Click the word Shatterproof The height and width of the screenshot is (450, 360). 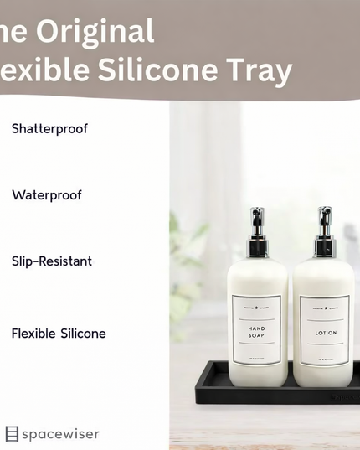[49, 129]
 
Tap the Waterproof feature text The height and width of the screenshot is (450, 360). [47, 195]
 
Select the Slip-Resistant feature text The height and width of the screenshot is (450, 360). [52, 261]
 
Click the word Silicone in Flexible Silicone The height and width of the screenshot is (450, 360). [83, 334]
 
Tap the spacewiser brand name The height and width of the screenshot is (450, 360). [60, 434]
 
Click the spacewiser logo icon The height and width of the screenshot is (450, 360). [12, 434]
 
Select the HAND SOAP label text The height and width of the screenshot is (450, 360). [257, 331]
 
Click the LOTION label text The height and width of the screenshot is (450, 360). [325, 331]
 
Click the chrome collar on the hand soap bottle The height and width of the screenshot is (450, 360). [257, 247]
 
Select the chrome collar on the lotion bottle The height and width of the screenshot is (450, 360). [325, 247]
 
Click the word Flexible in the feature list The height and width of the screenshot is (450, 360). [33, 334]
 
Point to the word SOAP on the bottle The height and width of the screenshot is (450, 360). [257, 336]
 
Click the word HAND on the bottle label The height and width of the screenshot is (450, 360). [257, 327]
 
